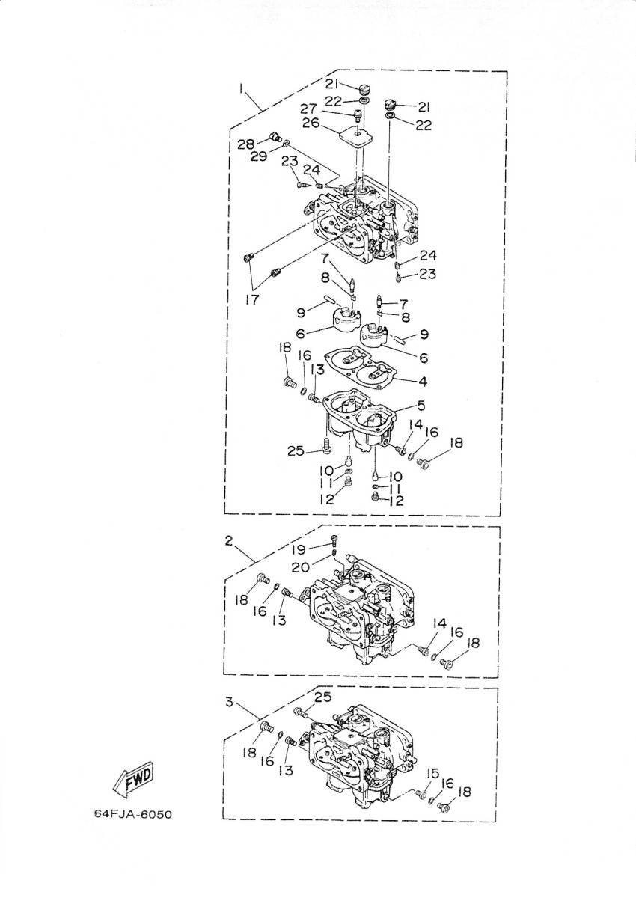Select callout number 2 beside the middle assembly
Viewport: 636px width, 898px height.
click(x=228, y=541)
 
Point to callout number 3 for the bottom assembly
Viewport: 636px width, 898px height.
click(x=229, y=702)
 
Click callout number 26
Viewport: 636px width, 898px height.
click(x=311, y=123)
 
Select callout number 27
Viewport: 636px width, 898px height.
click(x=308, y=109)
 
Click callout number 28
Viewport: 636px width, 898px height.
click(x=246, y=144)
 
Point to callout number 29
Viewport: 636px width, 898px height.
click(x=258, y=156)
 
